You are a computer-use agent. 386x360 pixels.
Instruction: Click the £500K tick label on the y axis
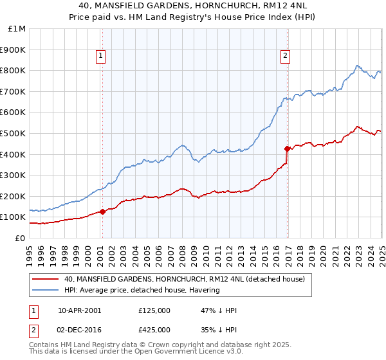click(14, 133)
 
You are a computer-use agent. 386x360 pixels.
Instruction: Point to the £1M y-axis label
click(17, 28)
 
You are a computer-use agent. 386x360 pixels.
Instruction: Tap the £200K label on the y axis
click(14, 196)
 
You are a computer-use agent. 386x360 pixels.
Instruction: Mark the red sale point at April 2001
click(103, 212)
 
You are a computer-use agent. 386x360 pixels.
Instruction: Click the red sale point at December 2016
click(287, 148)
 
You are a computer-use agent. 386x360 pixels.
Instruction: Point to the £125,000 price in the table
click(154, 310)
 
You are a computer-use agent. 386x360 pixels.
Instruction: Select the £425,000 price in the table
click(154, 329)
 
